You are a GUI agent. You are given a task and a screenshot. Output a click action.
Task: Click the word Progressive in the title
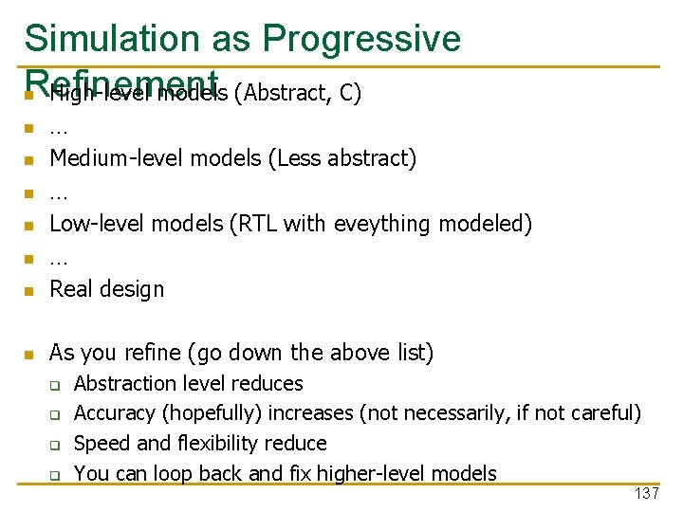(362, 38)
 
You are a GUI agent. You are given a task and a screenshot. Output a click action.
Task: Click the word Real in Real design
(69, 288)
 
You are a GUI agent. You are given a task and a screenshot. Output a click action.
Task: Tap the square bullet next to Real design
(29, 290)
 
